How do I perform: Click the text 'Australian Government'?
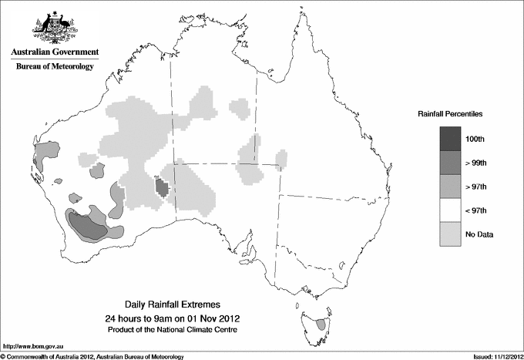pos(52,52)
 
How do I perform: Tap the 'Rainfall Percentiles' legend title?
pos(450,114)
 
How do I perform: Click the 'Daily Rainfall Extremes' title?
pos(172,304)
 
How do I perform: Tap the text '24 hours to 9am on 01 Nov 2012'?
pos(172,318)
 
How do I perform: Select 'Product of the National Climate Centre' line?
pos(172,330)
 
